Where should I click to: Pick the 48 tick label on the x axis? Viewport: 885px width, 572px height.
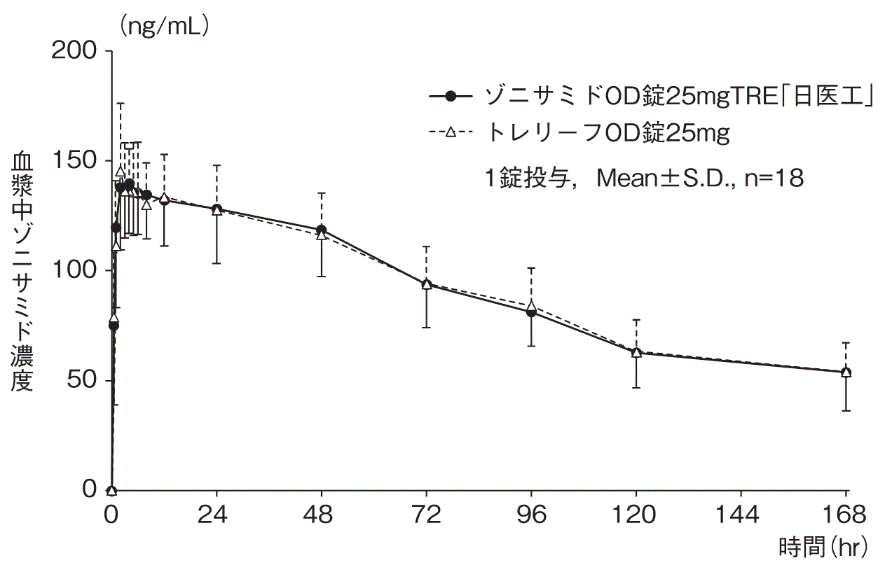point(321,516)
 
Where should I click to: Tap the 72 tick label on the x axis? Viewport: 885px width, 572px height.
point(426,516)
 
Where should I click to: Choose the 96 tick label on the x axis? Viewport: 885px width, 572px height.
point(531,516)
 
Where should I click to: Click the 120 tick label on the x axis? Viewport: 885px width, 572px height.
point(636,516)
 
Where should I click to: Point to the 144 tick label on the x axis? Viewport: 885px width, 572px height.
point(741,516)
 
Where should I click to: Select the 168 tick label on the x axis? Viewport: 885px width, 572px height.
point(846,516)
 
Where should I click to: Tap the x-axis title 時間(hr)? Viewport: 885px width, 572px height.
point(823,547)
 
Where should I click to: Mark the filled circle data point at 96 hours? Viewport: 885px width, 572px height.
point(531,312)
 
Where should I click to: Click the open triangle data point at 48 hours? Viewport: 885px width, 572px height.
point(321,235)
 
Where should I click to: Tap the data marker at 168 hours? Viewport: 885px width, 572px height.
point(846,372)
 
